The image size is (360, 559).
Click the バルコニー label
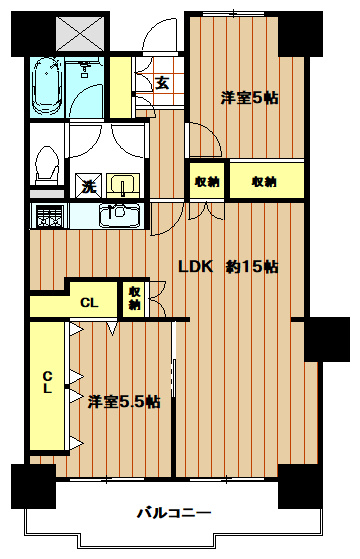click(175, 514)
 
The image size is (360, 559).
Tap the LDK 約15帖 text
click(228, 267)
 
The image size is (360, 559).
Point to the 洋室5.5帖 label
click(123, 402)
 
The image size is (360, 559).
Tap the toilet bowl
click(46, 163)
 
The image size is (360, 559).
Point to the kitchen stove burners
click(46, 214)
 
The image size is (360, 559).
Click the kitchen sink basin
click(121, 214)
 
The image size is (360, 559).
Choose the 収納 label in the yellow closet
click(264, 181)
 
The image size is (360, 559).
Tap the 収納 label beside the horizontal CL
click(134, 298)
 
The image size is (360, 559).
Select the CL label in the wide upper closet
click(89, 303)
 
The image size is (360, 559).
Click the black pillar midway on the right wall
click(326, 339)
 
